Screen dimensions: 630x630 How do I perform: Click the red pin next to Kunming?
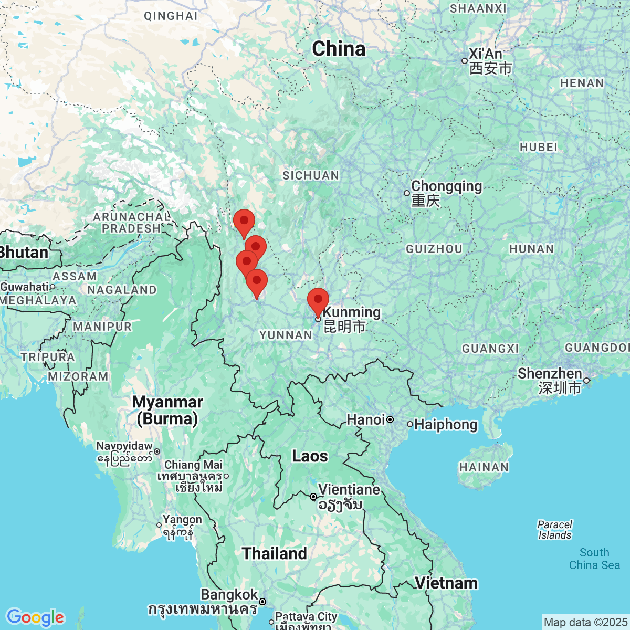click(x=318, y=300)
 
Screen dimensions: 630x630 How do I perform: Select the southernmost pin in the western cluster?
click(x=257, y=281)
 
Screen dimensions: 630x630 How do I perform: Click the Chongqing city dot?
click(x=407, y=193)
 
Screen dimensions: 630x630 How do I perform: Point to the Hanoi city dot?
click(x=390, y=419)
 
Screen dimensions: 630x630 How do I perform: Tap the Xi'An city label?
click(x=485, y=54)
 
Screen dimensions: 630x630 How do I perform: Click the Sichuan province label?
click(x=311, y=175)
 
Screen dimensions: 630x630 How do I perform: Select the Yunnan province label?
click(x=286, y=335)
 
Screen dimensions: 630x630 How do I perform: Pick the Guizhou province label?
click(x=434, y=249)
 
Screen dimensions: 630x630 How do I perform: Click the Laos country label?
click(x=310, y=456)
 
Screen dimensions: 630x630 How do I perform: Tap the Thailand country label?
click(x=274, y=553)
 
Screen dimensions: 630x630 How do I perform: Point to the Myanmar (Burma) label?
click(x=167, y=410)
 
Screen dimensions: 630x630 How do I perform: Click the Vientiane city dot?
click(x=313, y=497)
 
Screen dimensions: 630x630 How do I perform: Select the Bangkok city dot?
click(x=262, y=602)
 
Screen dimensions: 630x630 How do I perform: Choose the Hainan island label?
click(x=484, y=467)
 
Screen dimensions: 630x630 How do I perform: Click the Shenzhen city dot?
click(x=586, y=381)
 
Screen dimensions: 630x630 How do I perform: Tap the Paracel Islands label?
click(x=554, y=530)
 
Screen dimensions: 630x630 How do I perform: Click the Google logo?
click(x=35, y=617)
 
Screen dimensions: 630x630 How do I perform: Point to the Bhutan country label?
click(x=24, y=253)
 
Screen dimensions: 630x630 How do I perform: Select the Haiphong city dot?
click(x=410, y=424)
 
